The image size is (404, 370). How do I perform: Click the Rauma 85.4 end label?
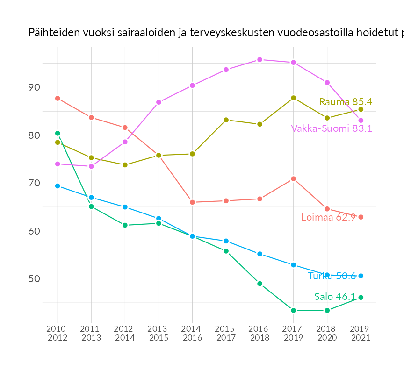click(345, 102)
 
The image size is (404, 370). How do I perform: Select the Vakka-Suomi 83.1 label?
click(331, 128)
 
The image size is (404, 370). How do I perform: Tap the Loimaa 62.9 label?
click(328, 217)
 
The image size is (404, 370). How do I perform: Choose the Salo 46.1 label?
click(334, 297)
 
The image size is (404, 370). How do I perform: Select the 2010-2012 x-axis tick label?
click(58, 333)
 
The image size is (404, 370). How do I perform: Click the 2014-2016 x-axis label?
click(192, 333)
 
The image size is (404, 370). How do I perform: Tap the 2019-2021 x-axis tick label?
click(361, 333)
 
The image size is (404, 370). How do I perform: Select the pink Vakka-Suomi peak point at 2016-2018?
click(260, 60)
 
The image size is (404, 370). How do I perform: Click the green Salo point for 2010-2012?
click(58, 133)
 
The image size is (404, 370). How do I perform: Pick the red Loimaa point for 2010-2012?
click(58, 98)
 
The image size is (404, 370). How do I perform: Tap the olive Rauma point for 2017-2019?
click(293, 98)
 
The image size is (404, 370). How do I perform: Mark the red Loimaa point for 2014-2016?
click(192, 202)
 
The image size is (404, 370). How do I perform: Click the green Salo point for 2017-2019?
click(293, 310)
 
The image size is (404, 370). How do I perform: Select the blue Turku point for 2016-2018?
click(260, 254)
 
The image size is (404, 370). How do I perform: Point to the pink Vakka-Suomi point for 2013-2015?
click(159, 102)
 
